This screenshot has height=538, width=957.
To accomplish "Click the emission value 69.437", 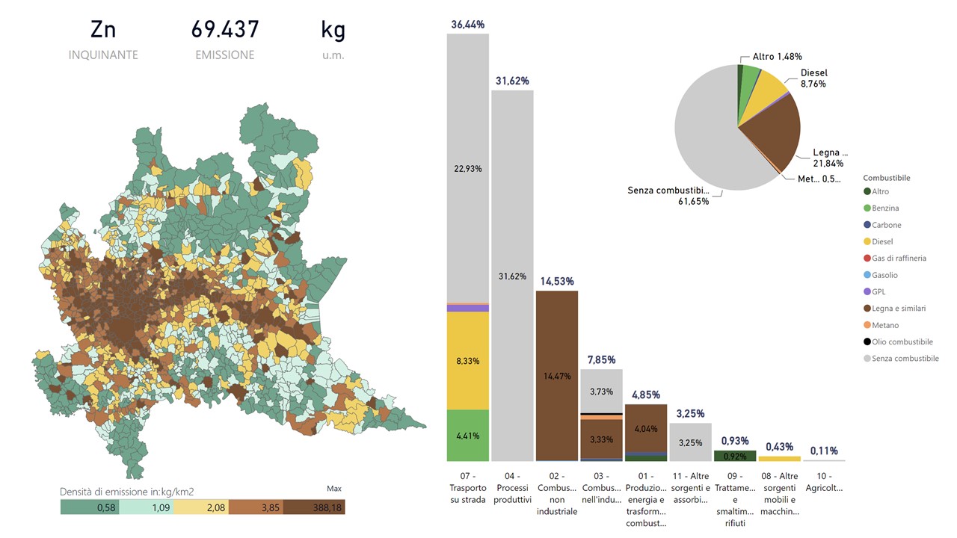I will click(x=225, y=30).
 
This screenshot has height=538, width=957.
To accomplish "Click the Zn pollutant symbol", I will click(x=103, y=30).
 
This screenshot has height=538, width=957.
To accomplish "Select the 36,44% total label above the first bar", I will click(x=468, y=25).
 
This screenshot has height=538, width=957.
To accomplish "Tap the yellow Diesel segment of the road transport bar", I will click(x=468, y=360).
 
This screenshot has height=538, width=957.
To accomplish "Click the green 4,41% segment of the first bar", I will click(x=468, y=435).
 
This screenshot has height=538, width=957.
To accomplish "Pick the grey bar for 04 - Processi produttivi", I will click(x=512, y=275).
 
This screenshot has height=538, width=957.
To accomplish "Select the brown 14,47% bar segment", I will click(x=557, y=375).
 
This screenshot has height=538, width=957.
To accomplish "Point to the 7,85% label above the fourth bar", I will click(x=601, y=359).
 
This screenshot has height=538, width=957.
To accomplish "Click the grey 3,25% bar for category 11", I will click(x=690, y=442).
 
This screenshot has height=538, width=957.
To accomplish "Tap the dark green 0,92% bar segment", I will click(x=735, y=456).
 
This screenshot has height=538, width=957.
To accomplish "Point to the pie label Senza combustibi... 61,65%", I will click(x=674, y=196).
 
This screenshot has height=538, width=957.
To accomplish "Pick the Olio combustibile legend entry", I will click(x=902, y=341).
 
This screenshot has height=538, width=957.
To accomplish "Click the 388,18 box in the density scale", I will click(x=314, y=507).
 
